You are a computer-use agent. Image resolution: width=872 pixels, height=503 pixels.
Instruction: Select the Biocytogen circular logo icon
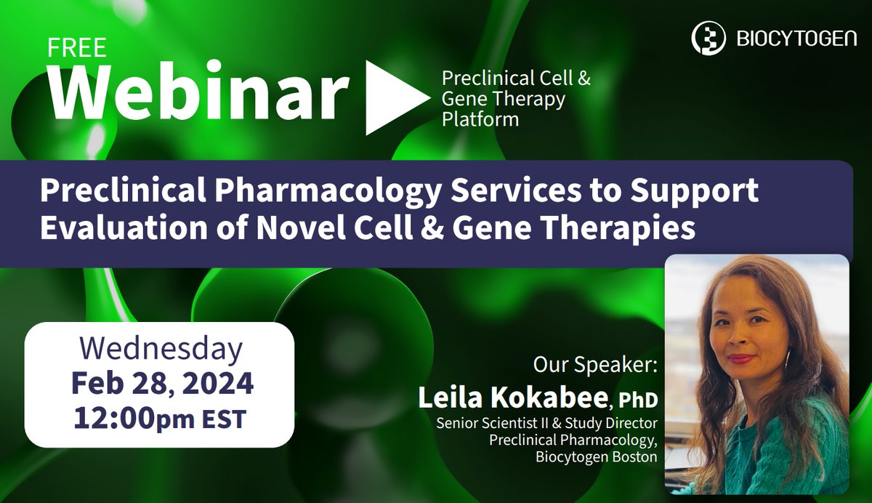(706, 37)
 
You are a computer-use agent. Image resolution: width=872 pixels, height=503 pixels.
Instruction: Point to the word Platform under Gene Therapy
(480, 119)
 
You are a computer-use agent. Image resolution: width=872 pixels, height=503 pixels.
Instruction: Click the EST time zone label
(225, 419)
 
